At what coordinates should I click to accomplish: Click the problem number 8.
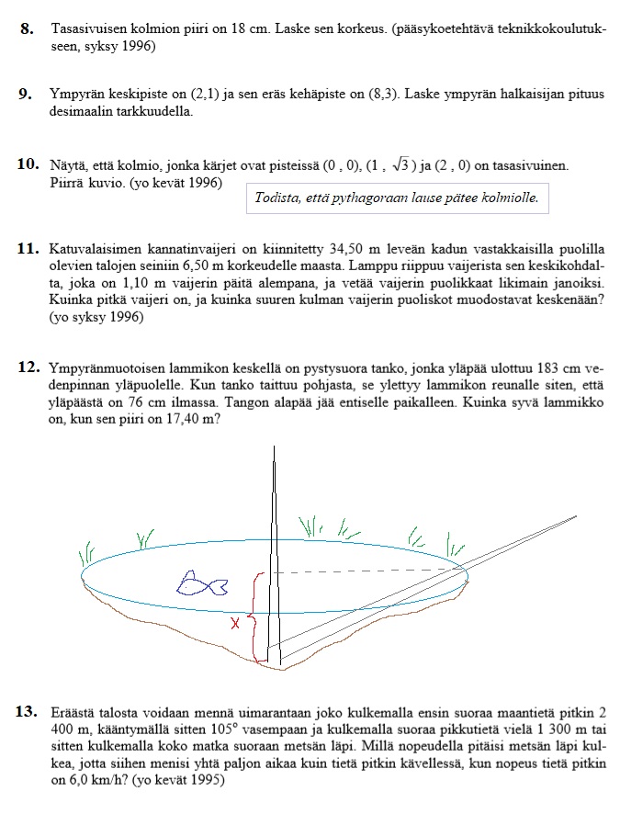click(x=28, y=29)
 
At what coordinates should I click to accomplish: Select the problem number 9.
click(x=28, y=95)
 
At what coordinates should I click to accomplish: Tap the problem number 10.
click(x=28, y=164)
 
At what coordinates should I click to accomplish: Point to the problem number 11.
click(x=28, y=250)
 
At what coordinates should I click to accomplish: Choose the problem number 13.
click(x=28, y=711)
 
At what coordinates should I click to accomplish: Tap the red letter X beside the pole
click(x=235, y=624)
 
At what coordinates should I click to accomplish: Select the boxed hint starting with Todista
click(x=396, y=198)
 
